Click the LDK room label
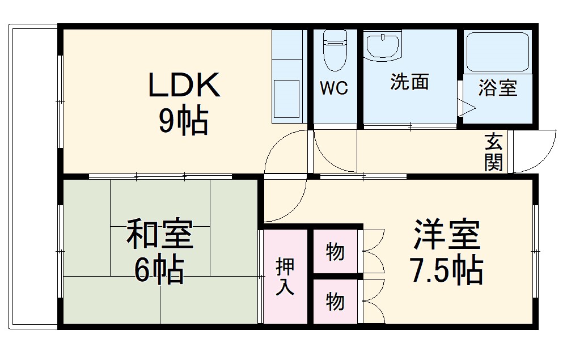pyautogui.click(x=183, y=85)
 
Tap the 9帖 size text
pyautogui.click(x=183, y=120)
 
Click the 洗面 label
pyautogui.click(x=409, y=82)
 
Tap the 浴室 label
pyautogui.click(x=497, y=88)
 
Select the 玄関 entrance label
pyautogui.click(x=493, y=152)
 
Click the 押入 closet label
pyautogui.click(x=285, y=277)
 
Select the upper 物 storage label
pyautogui.click(x=335, y=251)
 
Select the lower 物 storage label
pyautogui.click(x=335, y=302)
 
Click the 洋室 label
pyautogui.click(x=447, y=234)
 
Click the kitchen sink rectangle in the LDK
pyautogui.click(x=286, y=96)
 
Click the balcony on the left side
pyautogui.click(x=33, y=176)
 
